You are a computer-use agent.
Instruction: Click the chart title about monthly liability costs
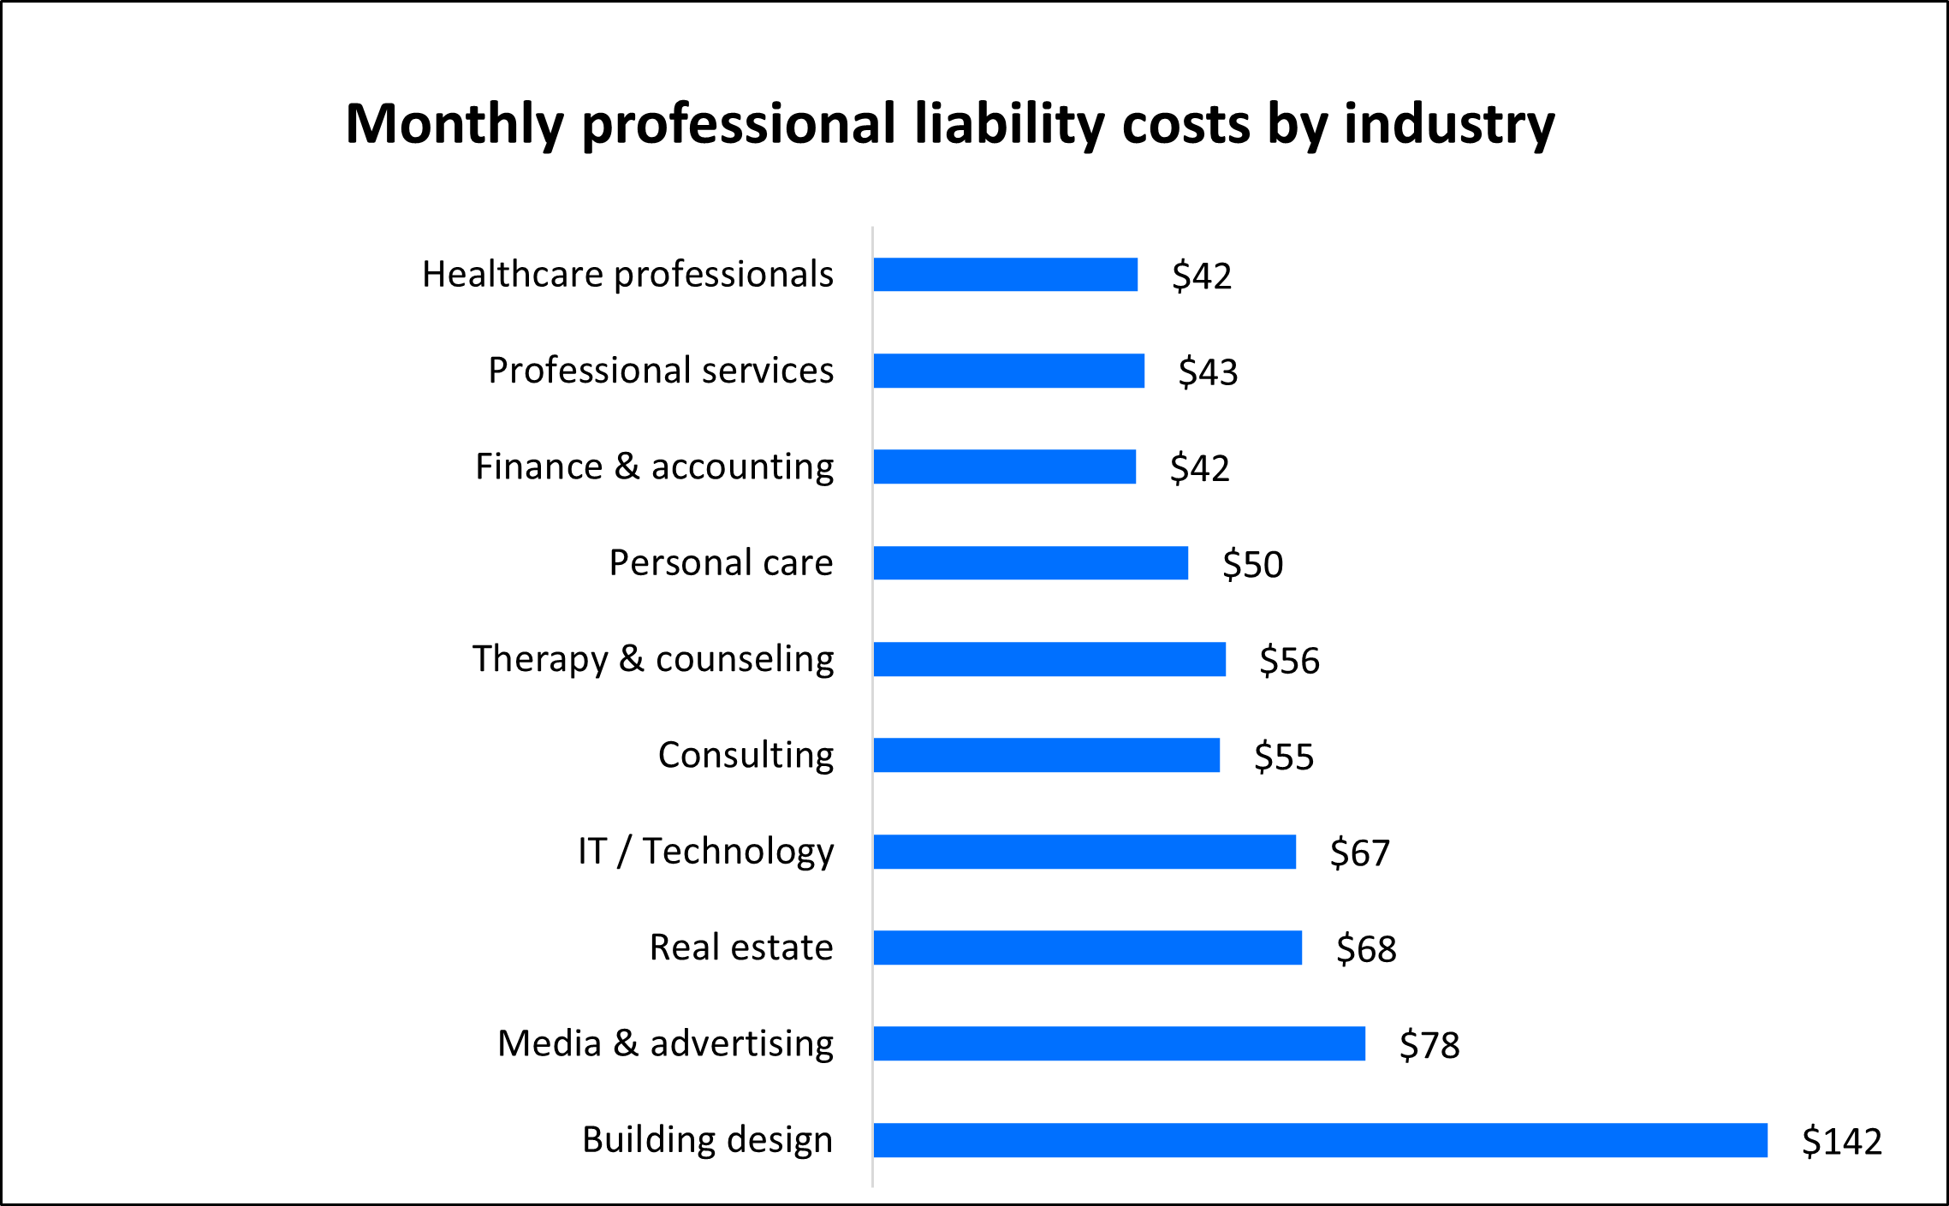click(x=949, y=125)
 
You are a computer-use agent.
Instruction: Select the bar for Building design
click(x=1320, y=1140)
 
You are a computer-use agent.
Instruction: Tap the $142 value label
click(x=1841, y=1141)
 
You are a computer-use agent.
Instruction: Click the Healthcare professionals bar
click(x=1006, y=275)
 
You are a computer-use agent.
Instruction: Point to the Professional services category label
click(x=661, y=371)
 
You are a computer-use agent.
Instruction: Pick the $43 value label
click(x=1208, y=371)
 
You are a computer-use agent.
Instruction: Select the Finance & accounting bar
click(x=1005, y=466)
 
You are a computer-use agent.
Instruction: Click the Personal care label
click(x=721, y=563)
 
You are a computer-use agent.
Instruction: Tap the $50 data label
click(x=1252, y=564)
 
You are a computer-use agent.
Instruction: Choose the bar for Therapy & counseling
click(x=1049, y=659)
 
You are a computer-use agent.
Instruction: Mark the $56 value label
click(x=1289, y=660)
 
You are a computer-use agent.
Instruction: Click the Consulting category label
click(x=746, y=756)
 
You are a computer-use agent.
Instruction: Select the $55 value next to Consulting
click(x=1283, y=757)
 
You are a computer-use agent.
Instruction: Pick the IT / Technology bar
click(x=1084, y=852)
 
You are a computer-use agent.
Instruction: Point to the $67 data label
click(x=1359, y=853)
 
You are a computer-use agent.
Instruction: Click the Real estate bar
click(x=1088, y=948)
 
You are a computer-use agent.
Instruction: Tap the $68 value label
click(x=1366, y=948)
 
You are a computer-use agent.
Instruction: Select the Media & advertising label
click(x=665, y=1044)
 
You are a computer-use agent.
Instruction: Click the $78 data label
click(x=1429, y=1045)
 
